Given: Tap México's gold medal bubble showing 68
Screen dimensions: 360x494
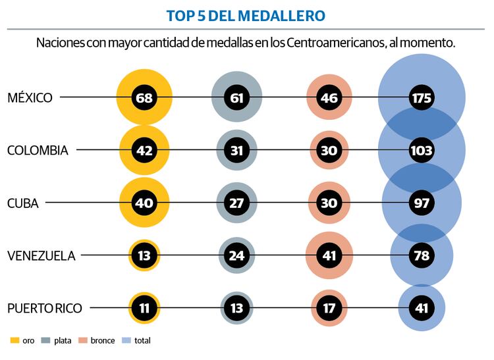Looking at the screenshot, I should [x=144, y=98].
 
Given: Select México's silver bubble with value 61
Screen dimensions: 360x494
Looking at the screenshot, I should [x=237, y=98].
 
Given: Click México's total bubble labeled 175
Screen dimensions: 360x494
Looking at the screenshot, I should [x=422, y=98].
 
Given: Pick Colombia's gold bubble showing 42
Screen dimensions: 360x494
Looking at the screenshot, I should [x=144, y=150].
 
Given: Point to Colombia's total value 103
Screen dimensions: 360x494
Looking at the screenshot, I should [x=422, y=150].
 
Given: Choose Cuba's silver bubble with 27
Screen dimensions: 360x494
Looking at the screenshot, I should [x=237, y=203].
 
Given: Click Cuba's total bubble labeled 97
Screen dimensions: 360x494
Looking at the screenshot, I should [x=422, y=203].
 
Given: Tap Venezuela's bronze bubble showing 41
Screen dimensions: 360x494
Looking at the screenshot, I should [x=329, y=255].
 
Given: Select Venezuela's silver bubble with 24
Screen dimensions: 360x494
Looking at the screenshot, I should [x=237, y=255].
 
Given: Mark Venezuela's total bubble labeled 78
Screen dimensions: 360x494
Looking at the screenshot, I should [x=422, y=255].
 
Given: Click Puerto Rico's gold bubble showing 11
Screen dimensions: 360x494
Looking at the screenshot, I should [x=144, y=307].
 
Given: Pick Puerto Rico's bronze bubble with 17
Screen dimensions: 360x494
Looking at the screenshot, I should [x=329, y=307].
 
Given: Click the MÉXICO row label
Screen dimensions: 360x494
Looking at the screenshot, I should [x=30, y=98].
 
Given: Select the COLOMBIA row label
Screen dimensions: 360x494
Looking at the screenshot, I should [x=38, y=150].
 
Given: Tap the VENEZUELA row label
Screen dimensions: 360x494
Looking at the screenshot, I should [x=41, y=255].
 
